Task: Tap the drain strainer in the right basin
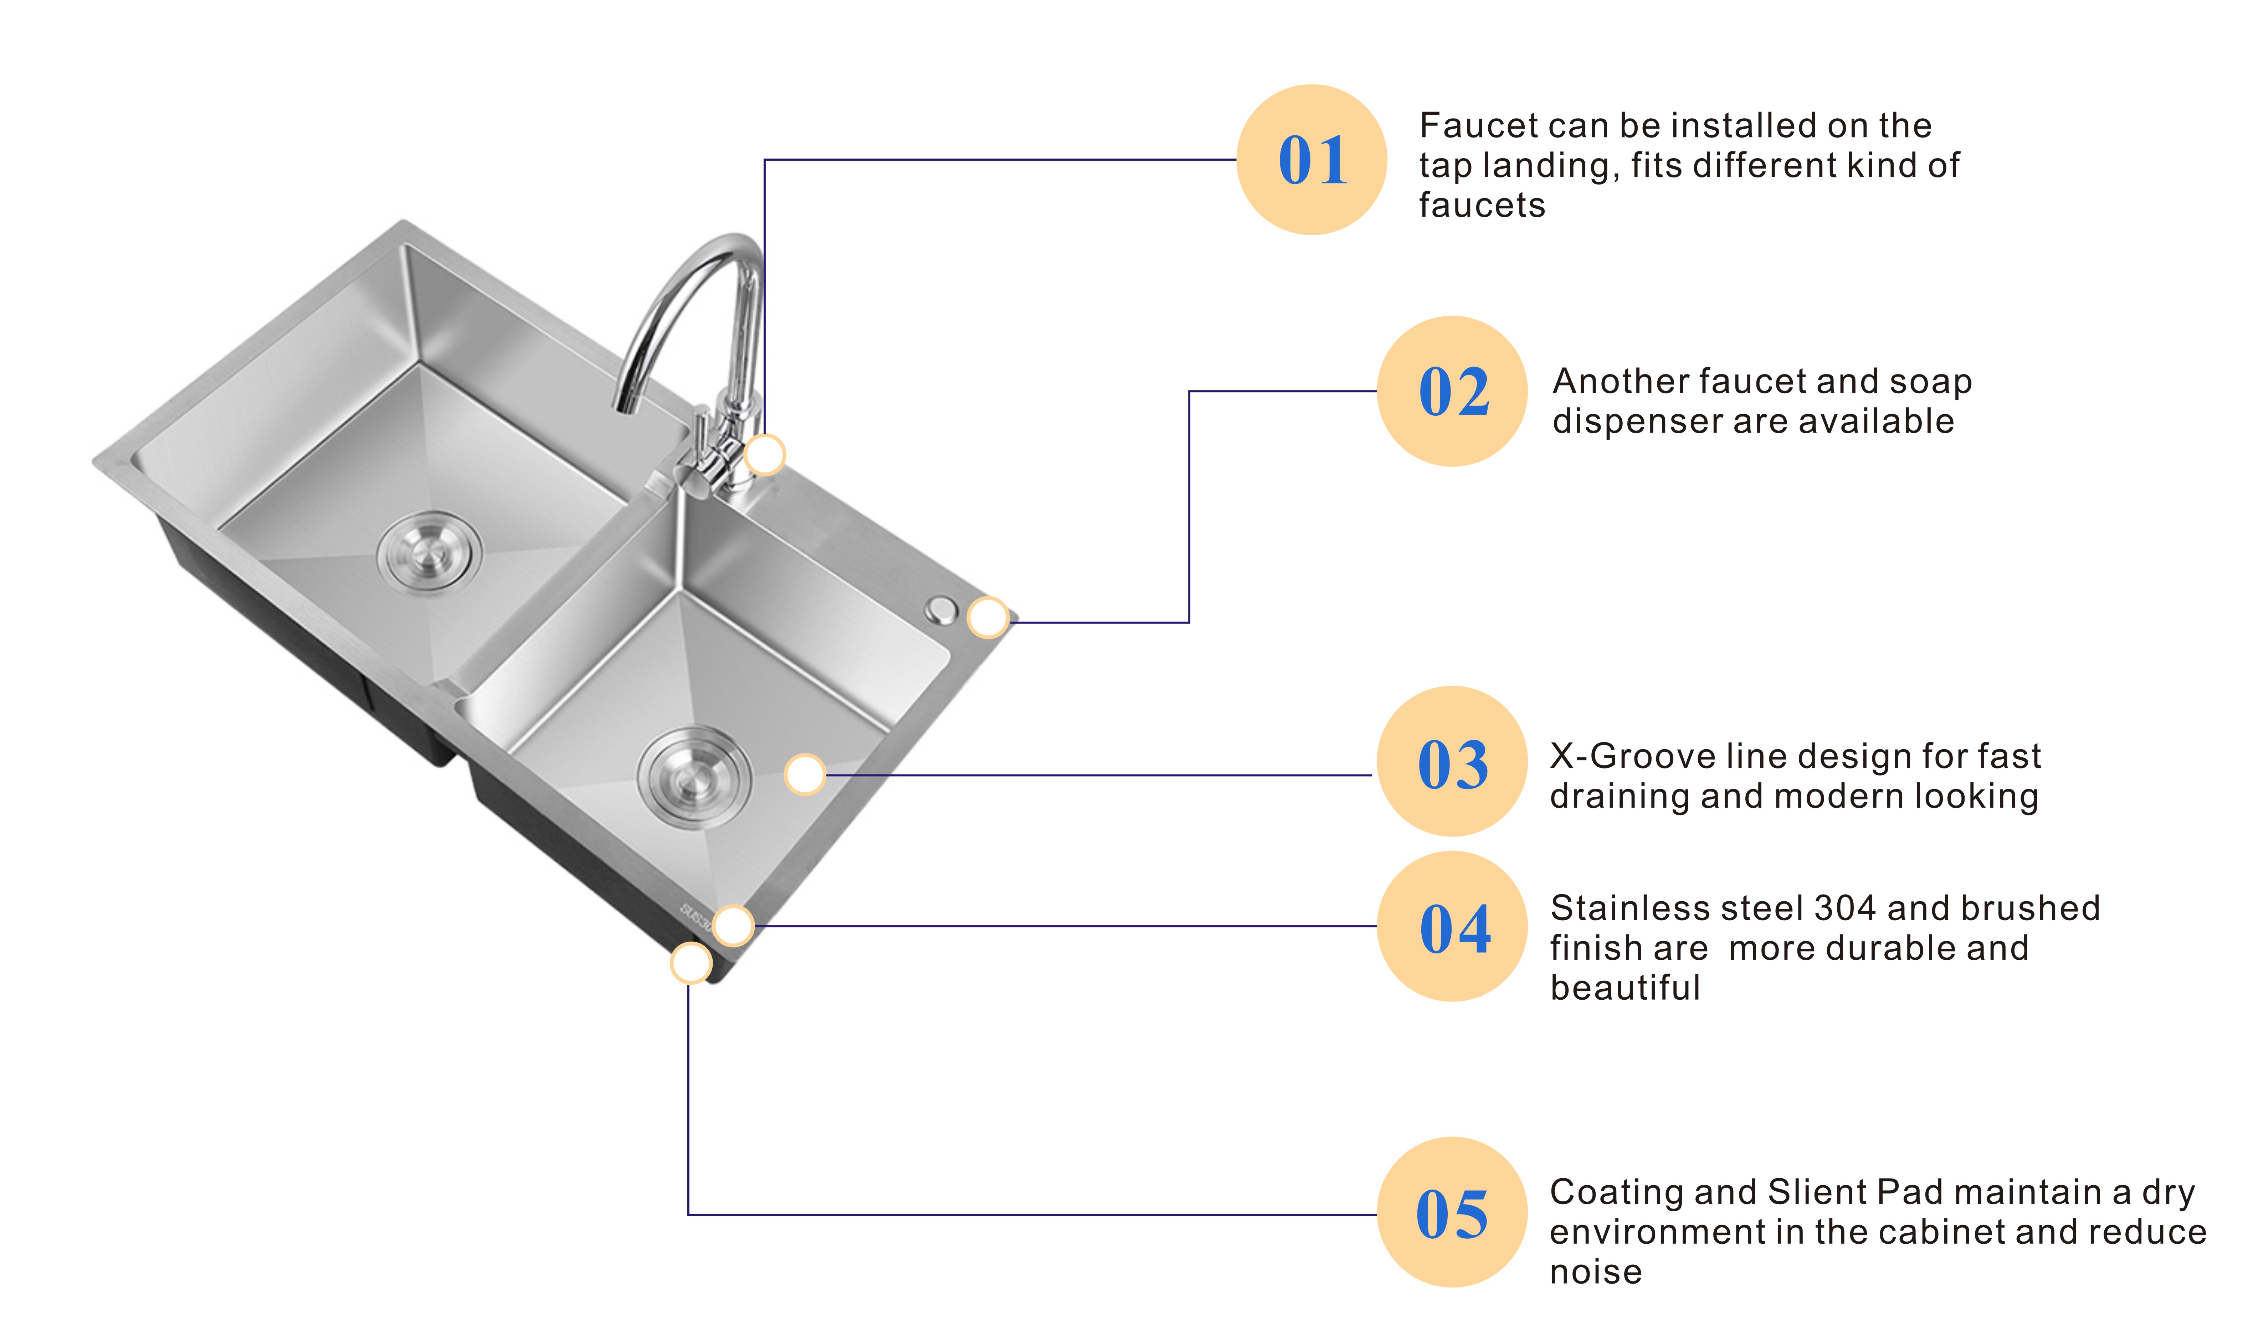point(694,777)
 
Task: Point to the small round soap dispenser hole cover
point(940,610)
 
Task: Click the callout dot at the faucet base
point(764,455)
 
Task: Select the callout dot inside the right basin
point(804,774)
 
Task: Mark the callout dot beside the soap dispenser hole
point(988,617)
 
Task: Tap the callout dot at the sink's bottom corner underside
point(691,963)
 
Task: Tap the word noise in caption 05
point(1596,1271)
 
